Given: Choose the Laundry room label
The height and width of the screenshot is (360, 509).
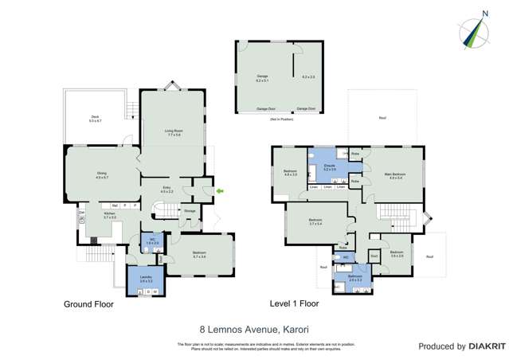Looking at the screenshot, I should tap(146, 278).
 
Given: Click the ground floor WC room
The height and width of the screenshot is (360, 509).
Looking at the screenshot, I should tap(155, 241).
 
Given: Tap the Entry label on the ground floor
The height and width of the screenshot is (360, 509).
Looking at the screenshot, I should tap(166, 190).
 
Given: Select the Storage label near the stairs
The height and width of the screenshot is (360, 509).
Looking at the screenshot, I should tap(190, 210).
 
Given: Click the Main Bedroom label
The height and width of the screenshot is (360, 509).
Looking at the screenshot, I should tap(396, 175).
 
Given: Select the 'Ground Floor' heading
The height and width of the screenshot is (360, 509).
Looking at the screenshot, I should tap(88, 304).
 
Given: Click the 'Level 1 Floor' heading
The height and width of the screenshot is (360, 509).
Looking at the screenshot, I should tap(294, 304).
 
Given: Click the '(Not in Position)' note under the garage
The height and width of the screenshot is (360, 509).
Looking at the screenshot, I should tap(281, 118).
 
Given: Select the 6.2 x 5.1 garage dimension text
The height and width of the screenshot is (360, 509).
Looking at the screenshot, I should tap(262, 78).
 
